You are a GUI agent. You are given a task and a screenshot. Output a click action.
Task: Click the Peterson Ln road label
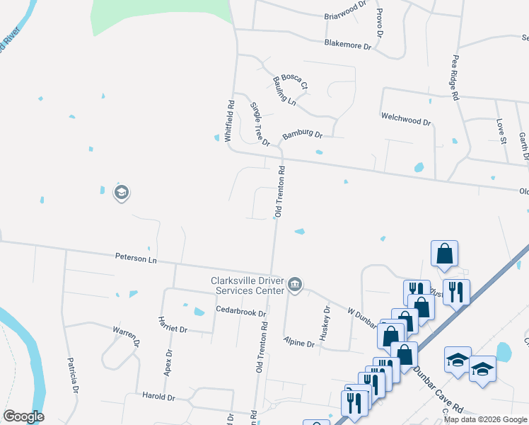pos(135,259)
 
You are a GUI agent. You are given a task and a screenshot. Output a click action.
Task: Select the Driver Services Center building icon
pos(296,285)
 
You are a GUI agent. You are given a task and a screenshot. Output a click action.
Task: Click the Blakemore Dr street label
pos(347,45)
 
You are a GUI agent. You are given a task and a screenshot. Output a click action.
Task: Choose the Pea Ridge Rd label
pos(455,79)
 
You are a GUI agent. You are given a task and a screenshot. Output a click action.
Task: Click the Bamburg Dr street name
pos(302,135)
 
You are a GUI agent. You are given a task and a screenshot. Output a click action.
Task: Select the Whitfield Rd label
pos(230,123)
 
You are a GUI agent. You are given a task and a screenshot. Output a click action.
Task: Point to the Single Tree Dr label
pos(260,124)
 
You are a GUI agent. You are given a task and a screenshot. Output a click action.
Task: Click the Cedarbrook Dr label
pos(240,312)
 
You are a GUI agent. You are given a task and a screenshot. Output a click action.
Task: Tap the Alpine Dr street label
pos(298,343)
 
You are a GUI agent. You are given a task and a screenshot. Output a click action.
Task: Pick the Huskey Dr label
pos(326,324)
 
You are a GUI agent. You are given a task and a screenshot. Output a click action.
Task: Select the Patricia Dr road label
pos(74,375)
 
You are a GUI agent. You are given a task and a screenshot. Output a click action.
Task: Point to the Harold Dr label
pos(158,397)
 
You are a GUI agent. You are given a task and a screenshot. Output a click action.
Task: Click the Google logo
pos(23,416)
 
